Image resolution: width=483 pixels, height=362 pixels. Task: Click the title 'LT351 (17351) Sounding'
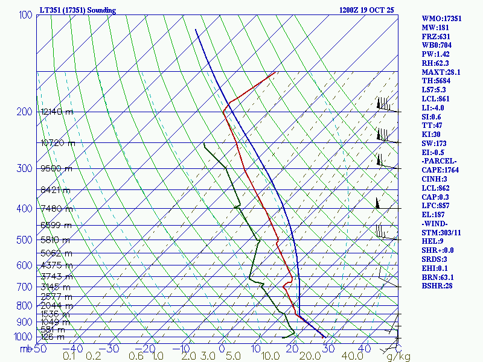pos(77,10)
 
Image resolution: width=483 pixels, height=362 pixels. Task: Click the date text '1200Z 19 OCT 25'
pos(368,10)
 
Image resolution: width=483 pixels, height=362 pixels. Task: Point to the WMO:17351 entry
pos(441,19)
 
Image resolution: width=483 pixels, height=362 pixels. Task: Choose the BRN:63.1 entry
pos(438,277)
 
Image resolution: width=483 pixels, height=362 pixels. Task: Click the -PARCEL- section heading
pos(439,161)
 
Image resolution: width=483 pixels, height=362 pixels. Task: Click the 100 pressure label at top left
pos(26,14)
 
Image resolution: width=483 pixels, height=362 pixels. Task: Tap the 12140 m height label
pos(57,112)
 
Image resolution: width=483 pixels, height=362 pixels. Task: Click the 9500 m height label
pos(56,168)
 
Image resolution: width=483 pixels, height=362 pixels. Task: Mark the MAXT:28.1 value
pos(441,72)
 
